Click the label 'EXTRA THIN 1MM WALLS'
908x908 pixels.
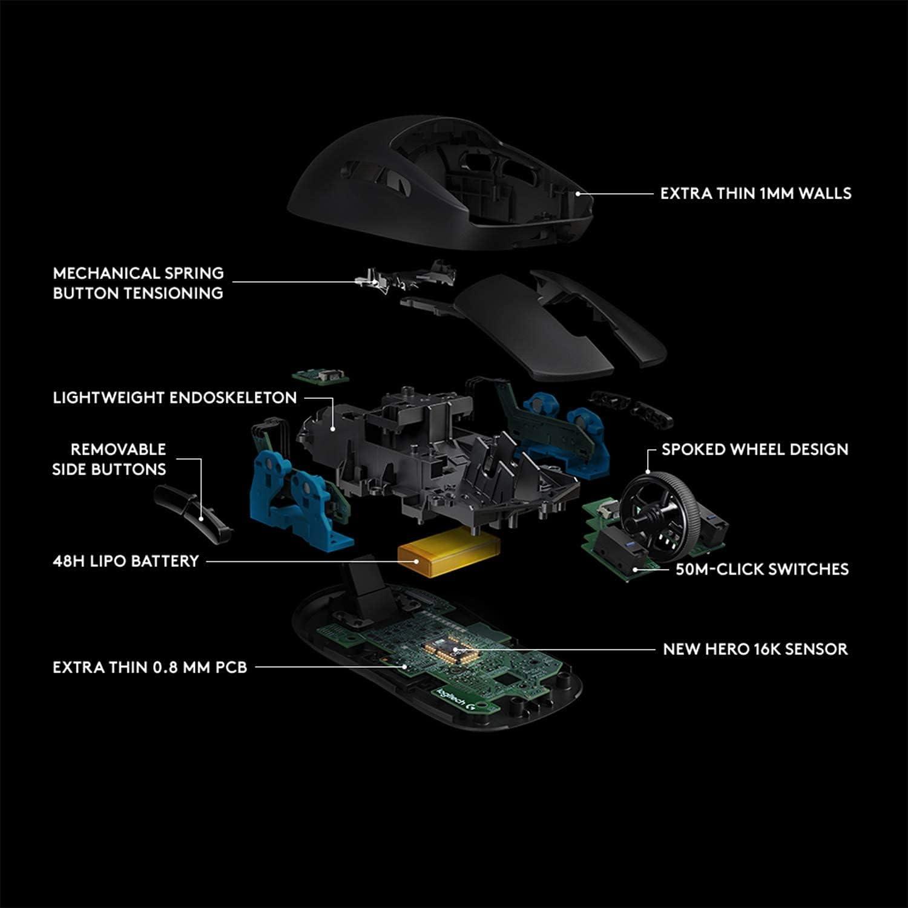(755, 194)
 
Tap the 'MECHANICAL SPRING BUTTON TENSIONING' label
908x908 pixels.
(138, 283)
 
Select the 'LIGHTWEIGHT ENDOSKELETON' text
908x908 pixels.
(174, 398)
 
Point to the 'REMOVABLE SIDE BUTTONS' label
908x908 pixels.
(109, 459)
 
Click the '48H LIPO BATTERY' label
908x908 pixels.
(126, 561)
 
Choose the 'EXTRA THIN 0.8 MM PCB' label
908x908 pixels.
(150, 667)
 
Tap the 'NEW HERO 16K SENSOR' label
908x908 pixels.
(755, 650)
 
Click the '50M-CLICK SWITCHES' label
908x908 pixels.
(762, 569)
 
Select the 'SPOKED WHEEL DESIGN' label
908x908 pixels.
(754, 450)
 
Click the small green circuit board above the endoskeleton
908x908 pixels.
(321, 377)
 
